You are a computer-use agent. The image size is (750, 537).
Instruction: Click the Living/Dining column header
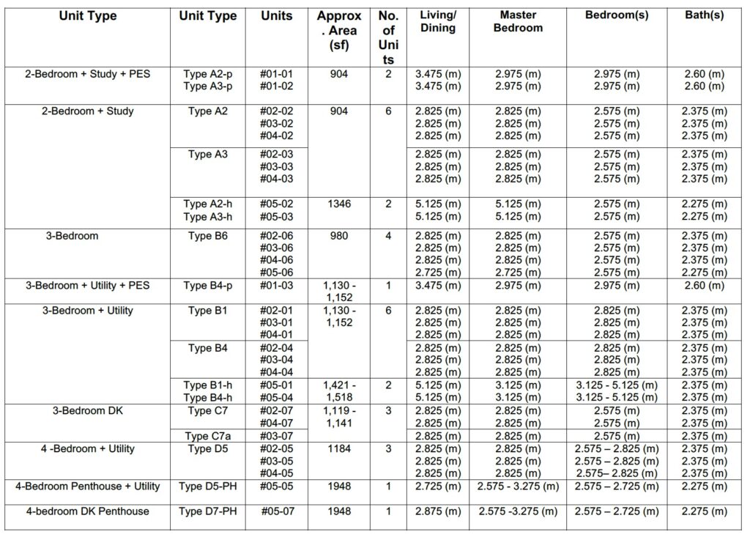[438, 22]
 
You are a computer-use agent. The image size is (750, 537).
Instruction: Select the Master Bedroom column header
[518, 22]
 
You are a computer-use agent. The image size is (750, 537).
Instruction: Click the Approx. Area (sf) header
[338, 30]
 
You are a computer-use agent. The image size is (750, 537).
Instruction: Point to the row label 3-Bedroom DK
[87, 411]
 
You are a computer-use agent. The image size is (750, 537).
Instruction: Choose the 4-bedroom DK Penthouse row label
[87, 511]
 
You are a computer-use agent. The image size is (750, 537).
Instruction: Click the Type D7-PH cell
[207, 511]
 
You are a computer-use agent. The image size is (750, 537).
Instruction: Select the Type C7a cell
[207, 436]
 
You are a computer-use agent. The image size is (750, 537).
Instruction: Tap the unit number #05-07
[278, 511]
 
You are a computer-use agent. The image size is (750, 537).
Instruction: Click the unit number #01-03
[278, 285]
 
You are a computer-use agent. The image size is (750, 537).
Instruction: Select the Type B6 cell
[207, 236]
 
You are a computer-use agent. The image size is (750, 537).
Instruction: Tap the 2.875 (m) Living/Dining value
[438, 511]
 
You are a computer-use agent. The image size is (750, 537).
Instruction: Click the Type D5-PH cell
[207, 486]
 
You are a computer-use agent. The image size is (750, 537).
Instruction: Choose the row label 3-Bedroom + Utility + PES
[87, 285]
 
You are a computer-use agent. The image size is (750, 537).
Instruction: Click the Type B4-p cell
[207, 285]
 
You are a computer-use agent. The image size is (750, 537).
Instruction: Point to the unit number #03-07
[278, 436]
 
